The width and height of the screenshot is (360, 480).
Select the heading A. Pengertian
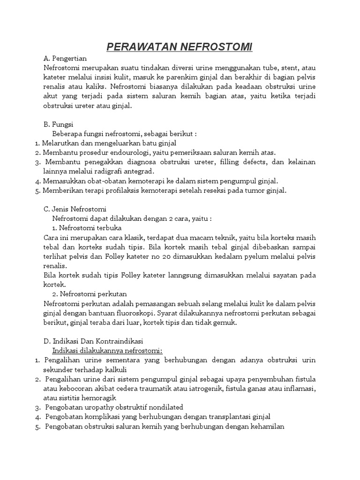click(65, 59)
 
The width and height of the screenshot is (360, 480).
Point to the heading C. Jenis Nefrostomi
click(75, 209)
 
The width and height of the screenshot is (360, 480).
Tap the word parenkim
click(167, 78)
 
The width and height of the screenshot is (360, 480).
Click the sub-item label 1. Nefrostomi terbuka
click(87, 228)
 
